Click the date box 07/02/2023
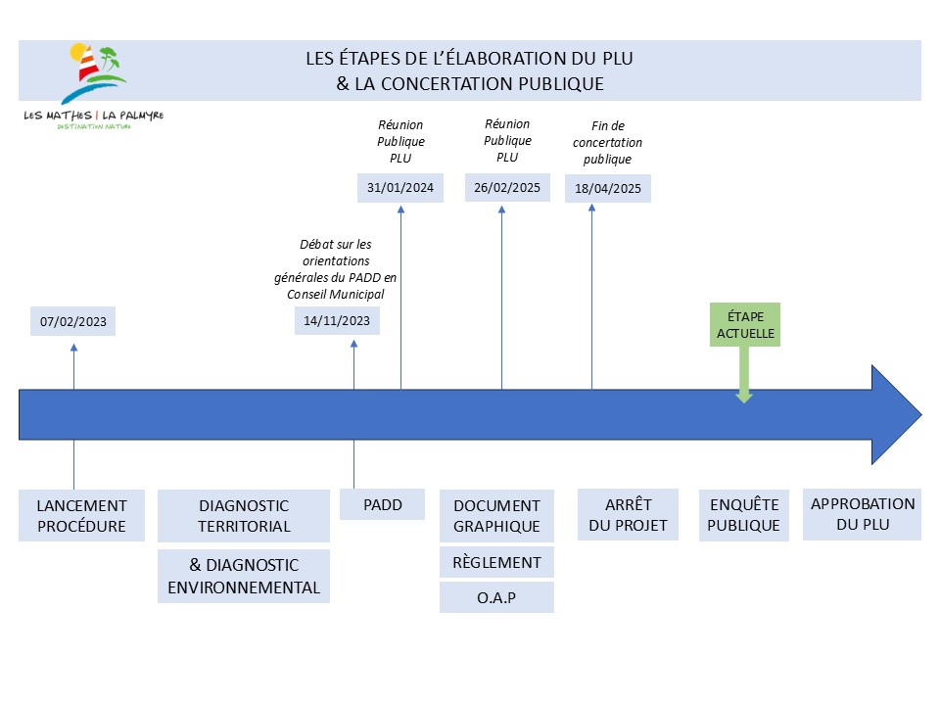(x=73, y=322)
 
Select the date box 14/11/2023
(x=338, y=320)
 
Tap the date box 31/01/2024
(x=400, y=188)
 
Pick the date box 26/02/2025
(x=506, y=188)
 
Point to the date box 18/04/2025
(x=608, y=189)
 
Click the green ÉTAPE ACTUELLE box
(x=744, y=325)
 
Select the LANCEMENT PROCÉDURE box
(x=81, y=516)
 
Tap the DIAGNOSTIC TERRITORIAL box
(x=244, y=516)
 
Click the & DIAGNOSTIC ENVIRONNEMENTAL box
(x=244, y=577)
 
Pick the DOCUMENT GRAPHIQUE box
(x=496, y=516)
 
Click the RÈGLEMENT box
(x=496, y=562)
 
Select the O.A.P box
(x=496, y=597)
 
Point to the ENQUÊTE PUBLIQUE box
(x=745, y=515)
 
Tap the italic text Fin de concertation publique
(x=608, y=142)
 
